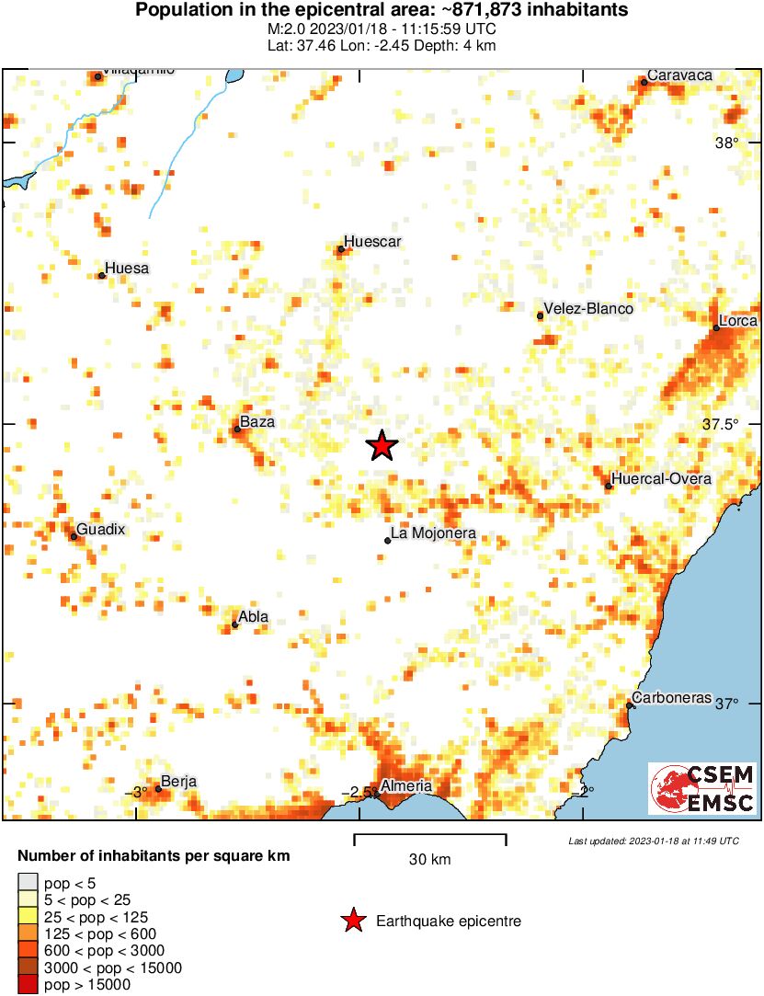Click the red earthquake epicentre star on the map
[x=382, y=446]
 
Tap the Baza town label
[x=257, y=422]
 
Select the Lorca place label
[x=738, y=321]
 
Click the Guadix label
[x=100, y=530]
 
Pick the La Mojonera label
[x=433, y=533]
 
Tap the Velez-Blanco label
[x=588, y=309]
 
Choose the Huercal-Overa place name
[x=661, y=479]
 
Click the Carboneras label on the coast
[x=673, y=698]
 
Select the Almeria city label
[x=405, y=786]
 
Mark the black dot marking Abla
[x=235, y=625]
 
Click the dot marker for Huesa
[x=101, y=275]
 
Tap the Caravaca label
[x=679, y=75]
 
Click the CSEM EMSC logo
[x=702, y=788]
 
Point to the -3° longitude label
[x=137, y=792]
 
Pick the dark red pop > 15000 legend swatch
[x=29, y=985]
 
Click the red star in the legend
[x=351, y=921]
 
